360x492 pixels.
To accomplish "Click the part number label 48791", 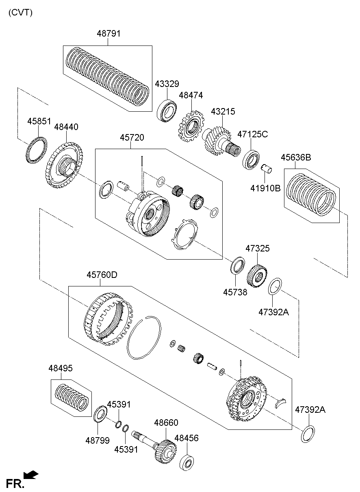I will (x=108, y=33).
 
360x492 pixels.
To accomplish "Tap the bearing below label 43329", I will (x=166, y=108).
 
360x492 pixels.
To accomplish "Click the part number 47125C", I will (x=253, y=134).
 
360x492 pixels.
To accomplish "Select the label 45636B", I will (x=296, y=157).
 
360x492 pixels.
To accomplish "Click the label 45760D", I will (x=102, y=275).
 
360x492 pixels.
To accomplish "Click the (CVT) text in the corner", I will (x=20, y=12).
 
